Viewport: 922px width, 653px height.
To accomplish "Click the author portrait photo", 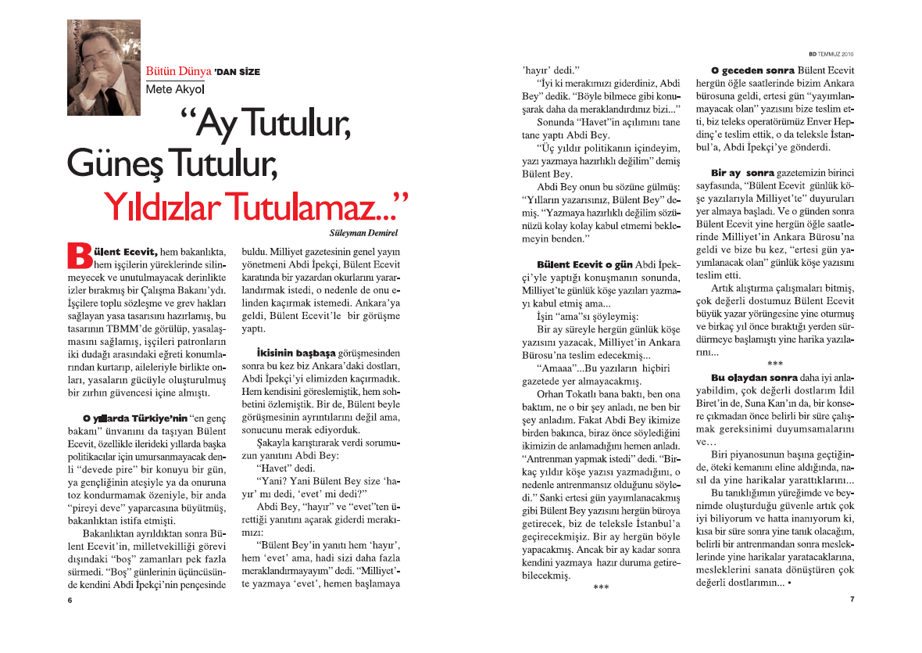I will pyautogui.click(x=103, y=68).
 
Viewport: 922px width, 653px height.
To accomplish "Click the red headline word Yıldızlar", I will pyautogui.click(x=169, y=206).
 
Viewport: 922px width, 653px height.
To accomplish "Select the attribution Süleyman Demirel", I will pyautogui.click(x=364, y=232).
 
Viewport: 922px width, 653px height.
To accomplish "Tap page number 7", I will pyautogui.click(x=852, y=599).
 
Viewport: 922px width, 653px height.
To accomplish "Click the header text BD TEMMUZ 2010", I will pyautogui.click(x=830, y=54).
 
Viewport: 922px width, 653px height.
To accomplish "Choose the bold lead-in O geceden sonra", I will pyautogui.click(x=746, y=70).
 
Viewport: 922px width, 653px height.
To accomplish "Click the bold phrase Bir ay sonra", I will pyautogui.click(x=742, y=172).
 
